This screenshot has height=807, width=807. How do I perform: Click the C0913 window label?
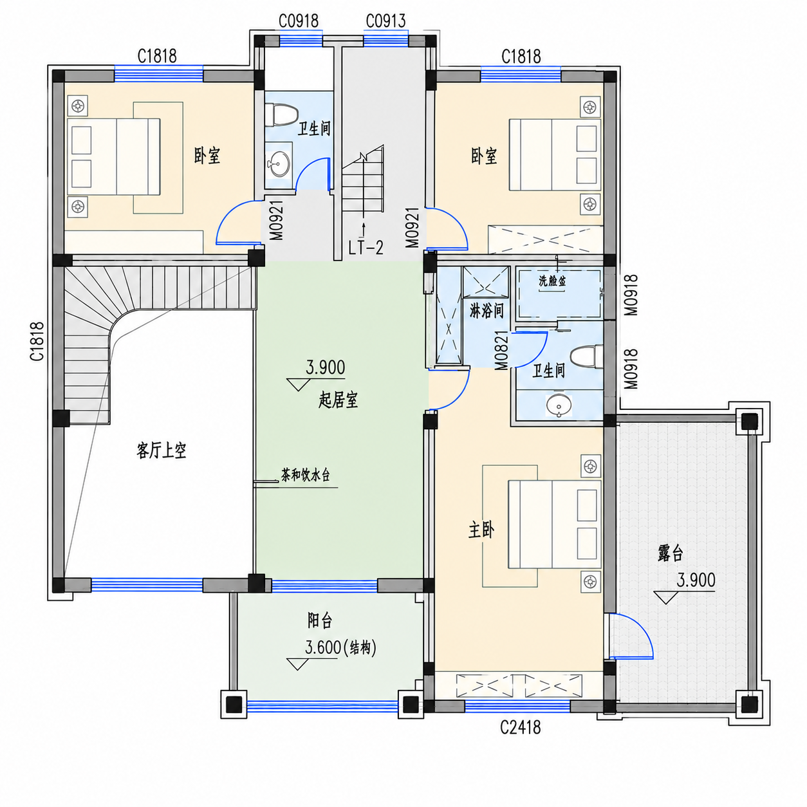click(385, 21)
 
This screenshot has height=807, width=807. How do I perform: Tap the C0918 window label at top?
click(299, 21)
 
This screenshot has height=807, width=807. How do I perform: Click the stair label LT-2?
click(366, 248)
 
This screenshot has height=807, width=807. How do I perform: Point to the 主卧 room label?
click(481, 531)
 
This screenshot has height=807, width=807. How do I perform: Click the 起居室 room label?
click(338, 401)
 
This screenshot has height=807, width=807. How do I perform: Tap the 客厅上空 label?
click(162, 450)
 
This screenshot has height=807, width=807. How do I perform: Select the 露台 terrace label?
click(671, 553)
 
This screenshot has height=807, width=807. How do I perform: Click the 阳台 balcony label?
click(320, 620)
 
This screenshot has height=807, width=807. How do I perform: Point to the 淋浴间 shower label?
click(487, 311)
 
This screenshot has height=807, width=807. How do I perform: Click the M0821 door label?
click(501, 351)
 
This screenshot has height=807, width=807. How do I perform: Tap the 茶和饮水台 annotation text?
click(305, 476)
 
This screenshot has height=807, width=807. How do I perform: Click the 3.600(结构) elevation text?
click(340, 648)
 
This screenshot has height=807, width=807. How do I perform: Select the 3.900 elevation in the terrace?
click(696, 580)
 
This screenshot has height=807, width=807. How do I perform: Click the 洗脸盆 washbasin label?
click(552, 281)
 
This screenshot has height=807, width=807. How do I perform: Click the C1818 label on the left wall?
click(37, 341)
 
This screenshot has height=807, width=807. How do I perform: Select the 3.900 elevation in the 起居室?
click(326, 367)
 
